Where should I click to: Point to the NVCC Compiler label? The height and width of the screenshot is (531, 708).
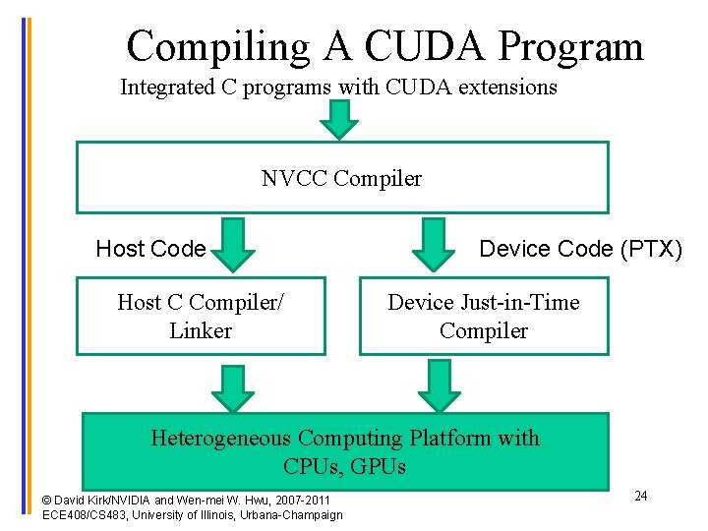pyautogui.click(x=341, y=178)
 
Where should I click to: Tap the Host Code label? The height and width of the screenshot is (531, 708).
pyautogui.click(x=150, y=249)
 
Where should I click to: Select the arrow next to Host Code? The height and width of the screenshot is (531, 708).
pyautogui.click(x=233, y=245)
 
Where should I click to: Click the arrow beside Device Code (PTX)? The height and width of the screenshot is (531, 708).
pyautogui.click(x=433, y=245)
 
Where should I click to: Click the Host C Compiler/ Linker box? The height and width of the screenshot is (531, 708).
pyautogui.click(x=201, y=316)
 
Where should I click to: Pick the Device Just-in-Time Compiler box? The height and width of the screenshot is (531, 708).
pyautogui.click(x=483, y=316)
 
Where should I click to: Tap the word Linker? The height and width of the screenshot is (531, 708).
pyautogui.click(x=201, y=330)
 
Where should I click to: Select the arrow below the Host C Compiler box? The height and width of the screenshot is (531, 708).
pyautogui.click(x=233, y=386)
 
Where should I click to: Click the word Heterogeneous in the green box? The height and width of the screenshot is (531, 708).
pyautogui.click(x=220, y=438)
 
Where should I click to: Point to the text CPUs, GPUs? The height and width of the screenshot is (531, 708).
pyautogui.click(x=344, y=466)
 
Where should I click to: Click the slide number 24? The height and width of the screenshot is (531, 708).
pyautogui.click(x=640, y=496)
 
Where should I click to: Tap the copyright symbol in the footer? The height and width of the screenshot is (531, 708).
pyautogui.click(x=47, y=501)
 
